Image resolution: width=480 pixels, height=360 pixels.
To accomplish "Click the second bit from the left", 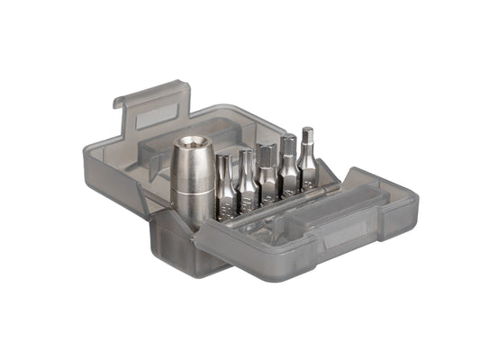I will click(246, 184).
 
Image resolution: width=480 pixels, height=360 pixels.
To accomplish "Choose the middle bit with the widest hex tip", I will click(267, 175).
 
